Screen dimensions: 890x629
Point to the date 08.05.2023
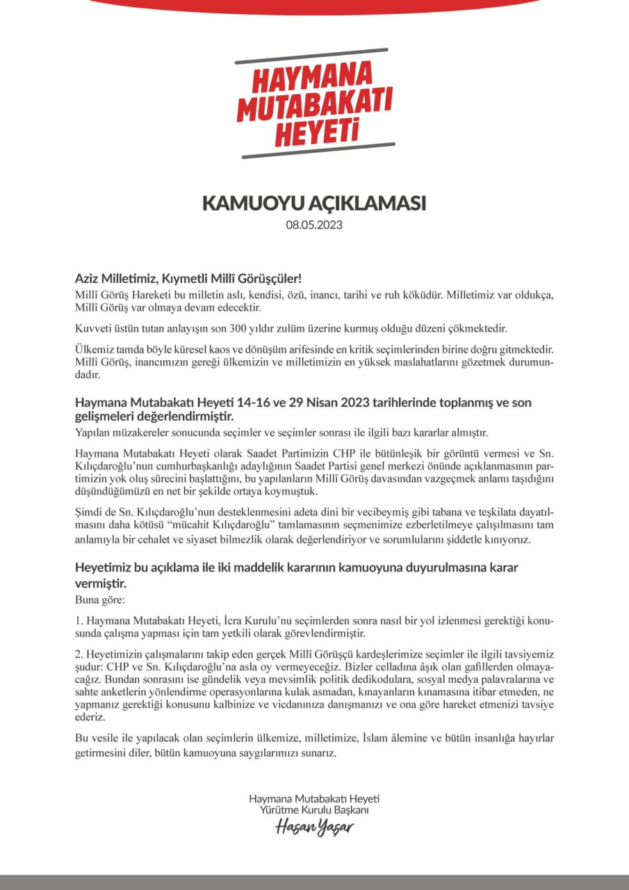(x=314, y=225)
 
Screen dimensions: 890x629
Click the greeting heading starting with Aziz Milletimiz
(x=188, y=279)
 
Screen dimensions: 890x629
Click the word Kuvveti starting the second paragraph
(x=93, y=327)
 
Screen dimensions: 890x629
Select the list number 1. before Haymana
(x=79, y=620)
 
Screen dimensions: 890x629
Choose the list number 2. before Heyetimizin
(x=79, y=654)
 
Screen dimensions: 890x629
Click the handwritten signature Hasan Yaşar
(x=314, y=827)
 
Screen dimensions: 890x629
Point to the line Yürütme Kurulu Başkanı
(x=314, y=811)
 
